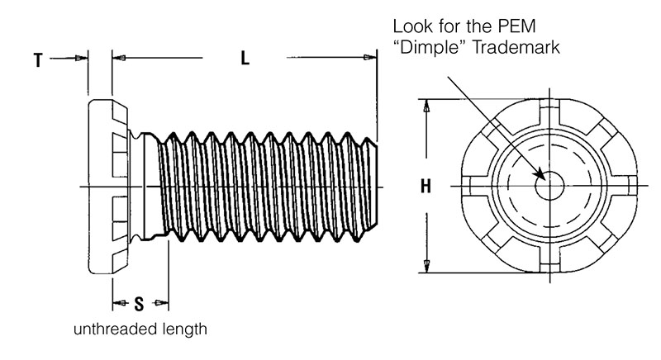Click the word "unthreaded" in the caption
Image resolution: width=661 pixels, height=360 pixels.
tap(109, 330)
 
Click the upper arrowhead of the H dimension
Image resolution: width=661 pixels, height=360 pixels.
tap(426, 107)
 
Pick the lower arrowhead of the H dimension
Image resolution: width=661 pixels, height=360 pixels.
tap(426, 266)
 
